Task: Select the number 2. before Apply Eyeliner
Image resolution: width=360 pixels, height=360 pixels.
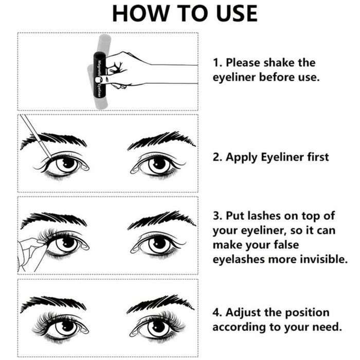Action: [x=218, y=157]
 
